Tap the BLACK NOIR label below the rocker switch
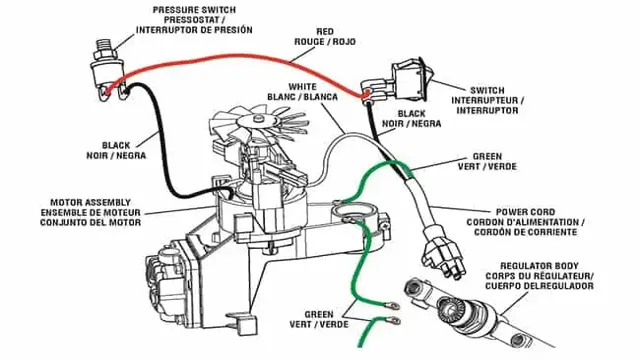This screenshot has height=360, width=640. tap(413, 119)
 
